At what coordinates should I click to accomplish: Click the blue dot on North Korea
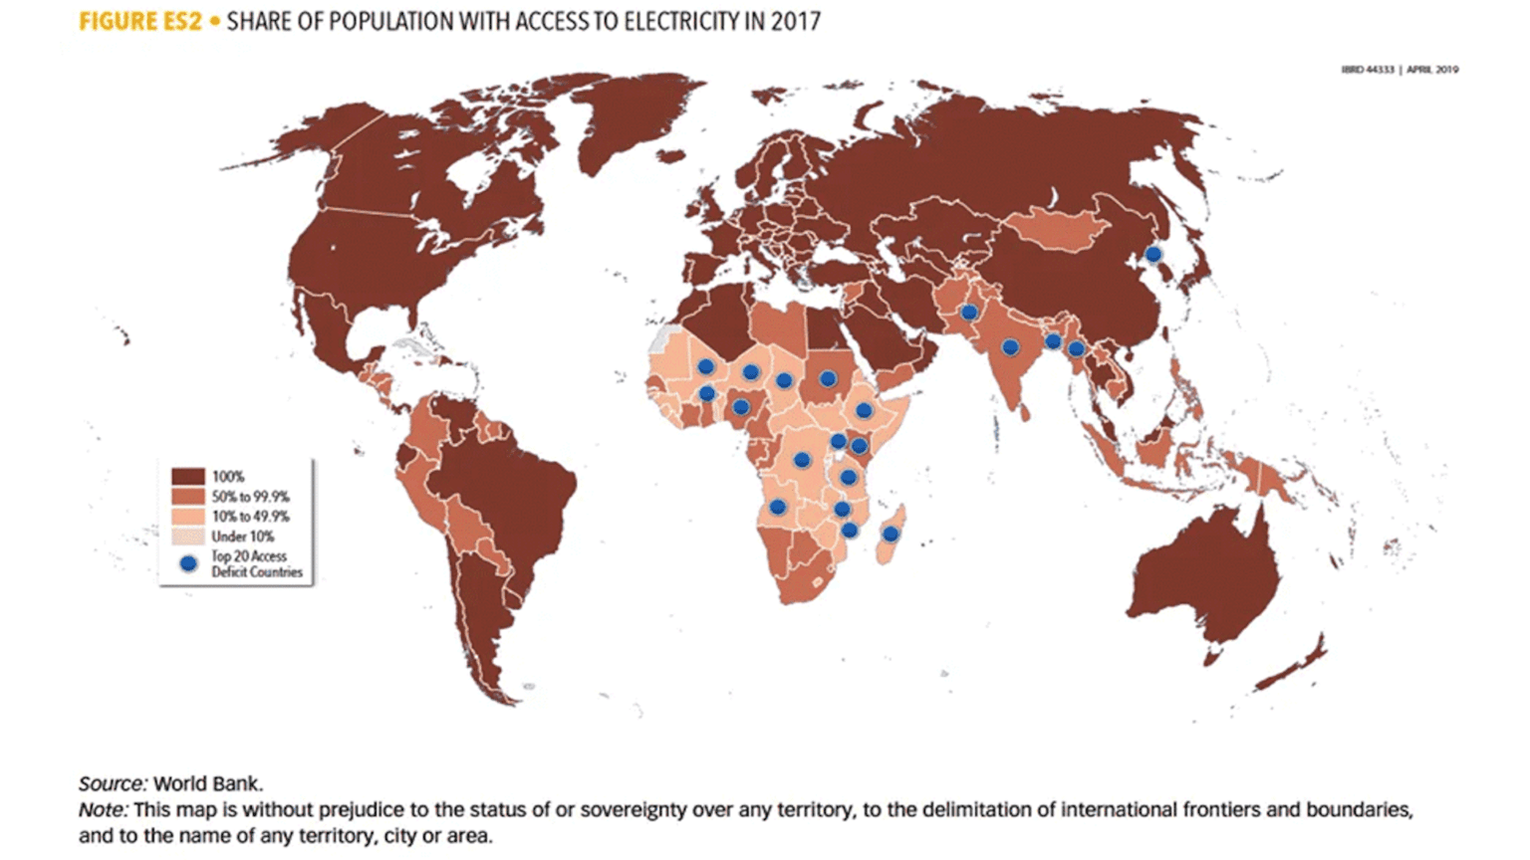point(1152,254)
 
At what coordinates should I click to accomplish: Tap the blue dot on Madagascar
point(891,535)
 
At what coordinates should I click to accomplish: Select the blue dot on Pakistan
point(968,313)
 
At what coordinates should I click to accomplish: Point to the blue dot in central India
point(1010,347)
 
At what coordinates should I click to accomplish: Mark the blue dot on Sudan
point(827,378)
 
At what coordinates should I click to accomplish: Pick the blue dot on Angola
point(777,507)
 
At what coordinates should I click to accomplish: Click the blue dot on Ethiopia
point(864,410)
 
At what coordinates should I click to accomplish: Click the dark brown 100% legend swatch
point(188,477)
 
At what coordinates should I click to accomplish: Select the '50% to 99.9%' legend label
point(250,497)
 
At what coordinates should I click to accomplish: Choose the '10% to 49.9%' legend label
point(250,517)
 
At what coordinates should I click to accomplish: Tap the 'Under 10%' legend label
point(242,537)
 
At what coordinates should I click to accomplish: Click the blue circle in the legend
point(188,563)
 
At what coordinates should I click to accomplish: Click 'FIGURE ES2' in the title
point(139,21)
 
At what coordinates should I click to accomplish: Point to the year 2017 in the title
point(795,21)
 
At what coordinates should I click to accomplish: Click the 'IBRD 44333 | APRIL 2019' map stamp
point(1400,70)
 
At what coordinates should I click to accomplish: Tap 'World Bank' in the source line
point(207,783)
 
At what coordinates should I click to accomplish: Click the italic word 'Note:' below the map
point(103,809)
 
